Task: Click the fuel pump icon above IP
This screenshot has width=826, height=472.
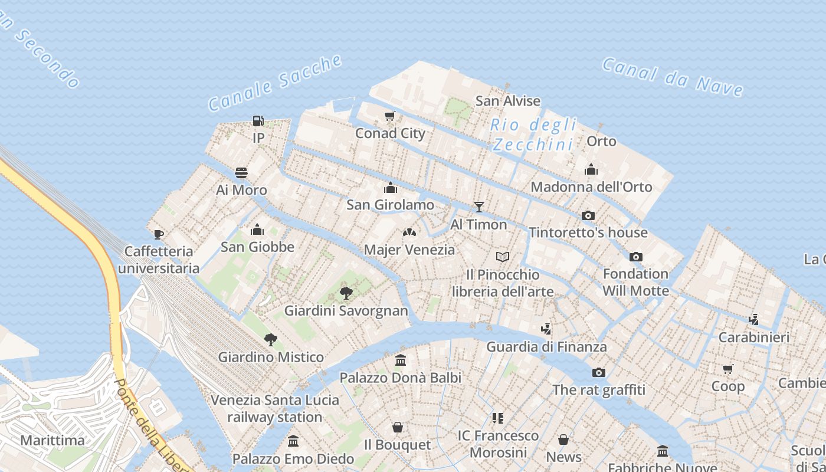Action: (258, 121)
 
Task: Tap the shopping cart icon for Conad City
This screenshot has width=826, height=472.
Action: (389, 116)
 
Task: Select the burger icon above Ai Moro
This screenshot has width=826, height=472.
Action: (241, 173)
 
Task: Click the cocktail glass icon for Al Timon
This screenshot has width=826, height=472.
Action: (479, 207)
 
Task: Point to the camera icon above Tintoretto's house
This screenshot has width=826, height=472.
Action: (588, 216)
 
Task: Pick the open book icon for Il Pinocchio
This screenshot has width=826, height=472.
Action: (503, 257)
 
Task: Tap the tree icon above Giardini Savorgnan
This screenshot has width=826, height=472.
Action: (346, 293)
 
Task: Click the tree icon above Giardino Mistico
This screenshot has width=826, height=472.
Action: (271, 339)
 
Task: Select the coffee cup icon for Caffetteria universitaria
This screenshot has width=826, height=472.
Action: (159, 234)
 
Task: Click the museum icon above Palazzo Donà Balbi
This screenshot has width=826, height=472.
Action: (401, 360)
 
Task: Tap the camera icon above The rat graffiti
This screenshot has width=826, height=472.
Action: (599, 372)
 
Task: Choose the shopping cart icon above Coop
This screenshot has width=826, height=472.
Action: (728, 369)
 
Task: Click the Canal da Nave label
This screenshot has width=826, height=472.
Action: (672, 77)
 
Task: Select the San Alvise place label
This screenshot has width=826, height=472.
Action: (508, 101)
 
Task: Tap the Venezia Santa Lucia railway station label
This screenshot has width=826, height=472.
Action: (275, 408)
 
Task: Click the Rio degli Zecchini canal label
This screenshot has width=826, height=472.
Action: (533, 135)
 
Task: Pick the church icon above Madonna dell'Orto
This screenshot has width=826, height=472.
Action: (591, 170)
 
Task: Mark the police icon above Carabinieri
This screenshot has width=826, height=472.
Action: (753, 320)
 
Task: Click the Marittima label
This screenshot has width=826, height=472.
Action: (53, 440)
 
